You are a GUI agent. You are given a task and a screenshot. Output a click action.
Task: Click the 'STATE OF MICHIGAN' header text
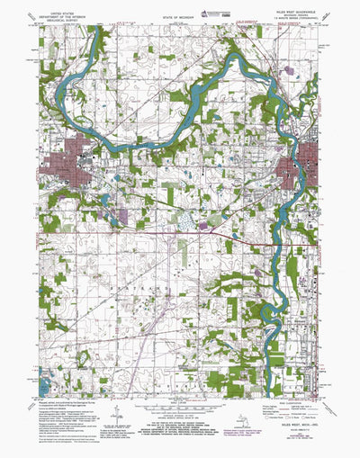click(x=177, y=17)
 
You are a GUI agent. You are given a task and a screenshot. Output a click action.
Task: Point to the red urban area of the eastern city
click(x=300, y=167)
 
